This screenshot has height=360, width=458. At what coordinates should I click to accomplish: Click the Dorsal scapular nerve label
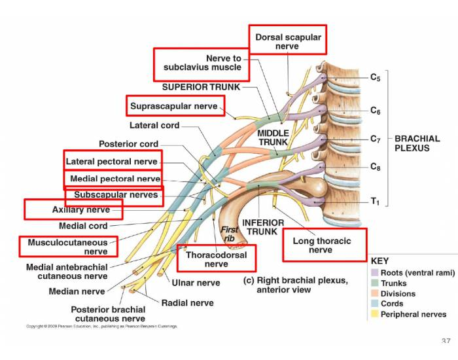pos(288,41)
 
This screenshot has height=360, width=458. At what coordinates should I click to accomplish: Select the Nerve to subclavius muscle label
pos(202,63)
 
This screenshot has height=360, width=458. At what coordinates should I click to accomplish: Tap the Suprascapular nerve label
pos(174,106)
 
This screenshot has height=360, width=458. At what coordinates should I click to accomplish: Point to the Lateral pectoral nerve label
pos(112,162)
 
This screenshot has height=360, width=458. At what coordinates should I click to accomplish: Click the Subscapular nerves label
pos(116,195)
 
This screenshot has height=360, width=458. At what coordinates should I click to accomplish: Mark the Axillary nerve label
pos(80,210)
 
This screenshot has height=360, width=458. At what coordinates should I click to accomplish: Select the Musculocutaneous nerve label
pos(68,247)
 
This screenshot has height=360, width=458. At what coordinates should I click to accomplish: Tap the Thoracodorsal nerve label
pos(217,259)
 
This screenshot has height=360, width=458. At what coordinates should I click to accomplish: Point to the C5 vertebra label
pos(375,77)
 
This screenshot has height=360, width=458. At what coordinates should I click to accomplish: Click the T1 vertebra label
pos(375,202)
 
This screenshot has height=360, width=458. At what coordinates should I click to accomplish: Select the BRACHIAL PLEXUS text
pos(417,143)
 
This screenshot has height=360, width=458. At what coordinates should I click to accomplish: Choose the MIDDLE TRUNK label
pos(273,137)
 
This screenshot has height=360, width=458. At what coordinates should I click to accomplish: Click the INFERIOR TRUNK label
pos(263,227)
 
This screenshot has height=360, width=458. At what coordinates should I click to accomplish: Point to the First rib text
pos(229,234)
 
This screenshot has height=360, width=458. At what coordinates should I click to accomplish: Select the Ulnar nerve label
pos(196,283)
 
